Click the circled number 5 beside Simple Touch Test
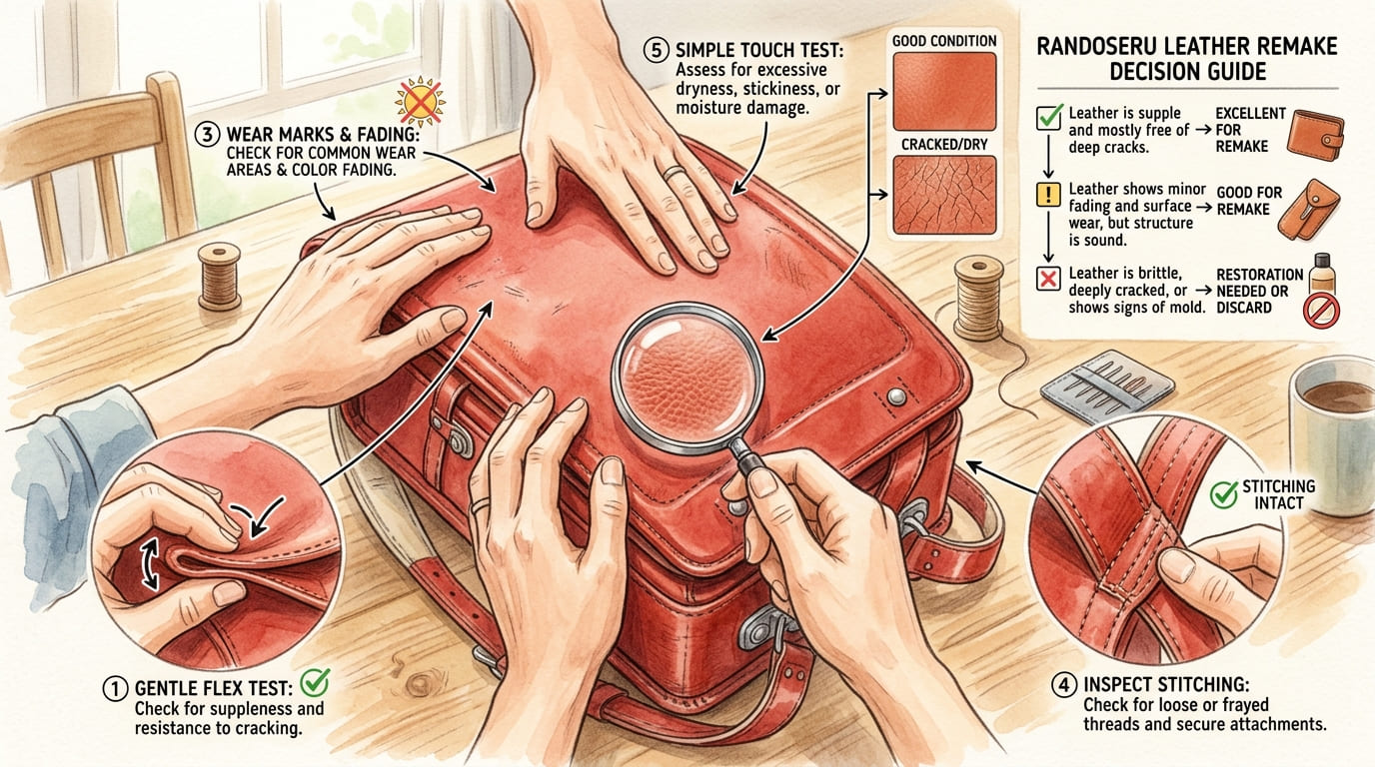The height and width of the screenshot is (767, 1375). (656, 50)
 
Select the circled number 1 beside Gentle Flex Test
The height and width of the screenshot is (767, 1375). (115, 688)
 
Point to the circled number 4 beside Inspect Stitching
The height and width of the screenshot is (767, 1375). (1064, 685)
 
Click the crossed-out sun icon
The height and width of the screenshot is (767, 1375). (420, 101)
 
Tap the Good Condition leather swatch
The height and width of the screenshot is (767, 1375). (944, 92)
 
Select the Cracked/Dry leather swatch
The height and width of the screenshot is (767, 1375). (944, 195)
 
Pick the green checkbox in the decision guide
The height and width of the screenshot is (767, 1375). (1049, 116)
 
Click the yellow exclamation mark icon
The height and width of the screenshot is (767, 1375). (1048, 195)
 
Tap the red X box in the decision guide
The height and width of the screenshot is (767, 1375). (1048, 279)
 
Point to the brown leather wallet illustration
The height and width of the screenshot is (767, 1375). (1315, 135)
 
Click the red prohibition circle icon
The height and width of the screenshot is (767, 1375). (1322, 310)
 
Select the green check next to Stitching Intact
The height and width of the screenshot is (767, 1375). (1223, 494)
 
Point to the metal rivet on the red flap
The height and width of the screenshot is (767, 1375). (896, 396)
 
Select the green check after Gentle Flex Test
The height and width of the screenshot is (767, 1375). (316, 682)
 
